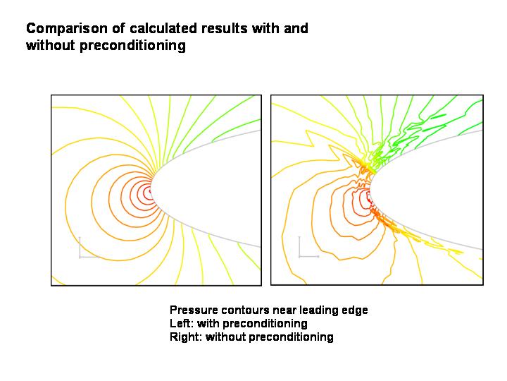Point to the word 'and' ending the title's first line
pyautogui.click(x=296, y=28)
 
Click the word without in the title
pyautogui.click(x=51, y=45)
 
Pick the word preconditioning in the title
pyautogui.click(x=132, y=46)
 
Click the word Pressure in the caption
pyautogui.click(x=194, y=310)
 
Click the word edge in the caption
pyautogui.click(x=355, y=310)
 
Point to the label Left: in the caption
pyautogui.click(x=181, y=323)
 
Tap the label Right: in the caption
pyautogui.click(x=186, y=337)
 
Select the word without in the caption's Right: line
pyautogui.click(x=225, y=337)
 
